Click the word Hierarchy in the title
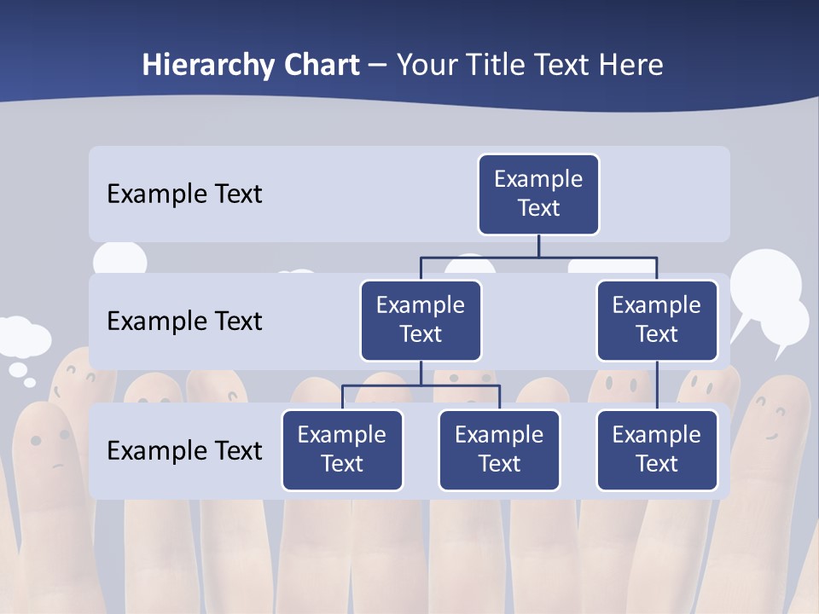point(207,66)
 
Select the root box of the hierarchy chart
point(538,194)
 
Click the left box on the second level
point(421,320)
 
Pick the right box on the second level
point(657,320)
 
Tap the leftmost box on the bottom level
point(342,449)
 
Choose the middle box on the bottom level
point(499,449)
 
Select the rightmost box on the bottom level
point(657,449)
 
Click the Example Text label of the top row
point(184,194)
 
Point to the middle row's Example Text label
point(184,321)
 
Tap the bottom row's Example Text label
point(184,450)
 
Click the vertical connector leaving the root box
point(538,246)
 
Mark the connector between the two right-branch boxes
point(657,385)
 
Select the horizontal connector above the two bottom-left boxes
point(421,385)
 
